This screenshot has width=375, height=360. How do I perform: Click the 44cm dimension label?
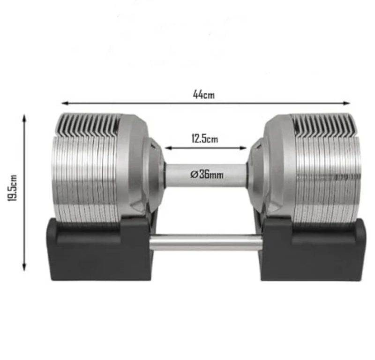coord(204,95)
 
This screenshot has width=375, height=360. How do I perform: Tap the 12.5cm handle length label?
coord(205,138)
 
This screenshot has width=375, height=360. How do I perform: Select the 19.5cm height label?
coord(12,188)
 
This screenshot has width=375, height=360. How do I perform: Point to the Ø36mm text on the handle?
coord(207,174)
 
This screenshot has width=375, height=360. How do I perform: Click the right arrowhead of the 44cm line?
coord(346,103)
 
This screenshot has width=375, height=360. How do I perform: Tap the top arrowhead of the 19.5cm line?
coord(24,119)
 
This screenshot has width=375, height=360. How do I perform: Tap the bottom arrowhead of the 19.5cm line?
coord(24,267)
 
